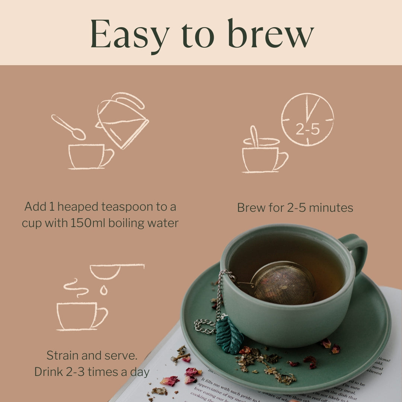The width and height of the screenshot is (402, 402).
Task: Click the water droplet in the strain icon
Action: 103,290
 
